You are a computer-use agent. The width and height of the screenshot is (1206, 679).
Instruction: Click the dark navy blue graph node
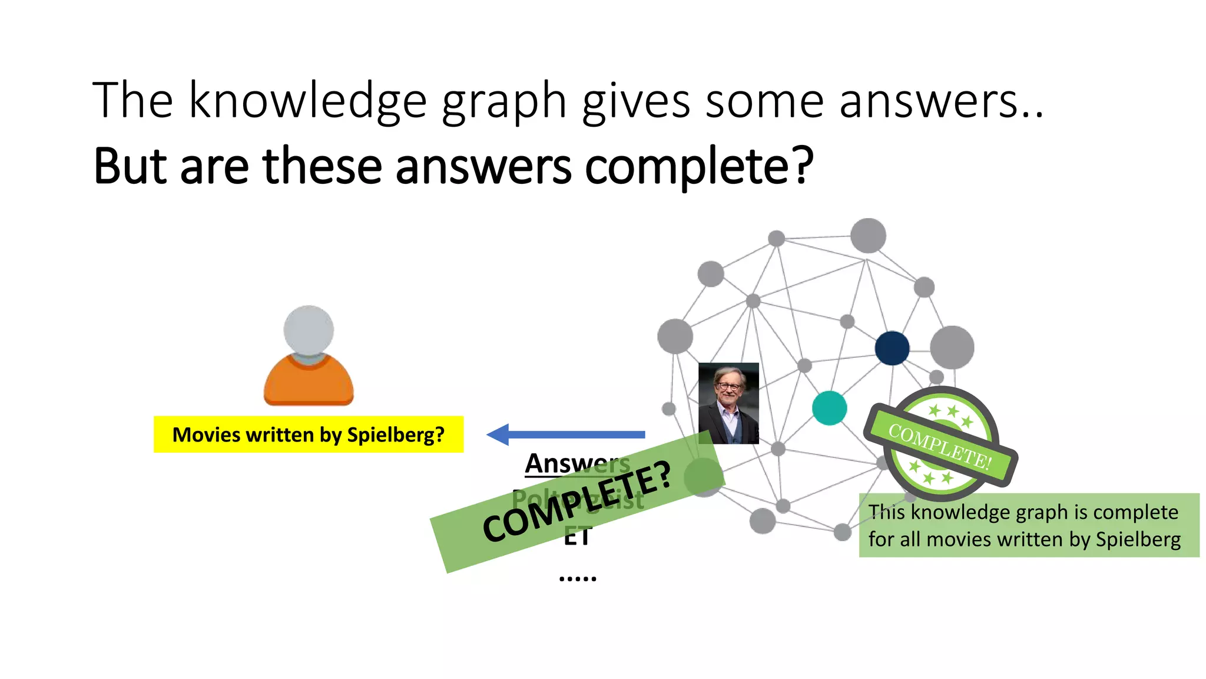[x=892, y=348]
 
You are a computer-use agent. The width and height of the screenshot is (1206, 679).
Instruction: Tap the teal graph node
[x=829, y=408]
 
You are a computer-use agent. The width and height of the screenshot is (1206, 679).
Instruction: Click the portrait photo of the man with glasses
[x=728, y=403]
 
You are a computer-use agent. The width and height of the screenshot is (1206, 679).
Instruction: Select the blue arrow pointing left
[x=565, y=435]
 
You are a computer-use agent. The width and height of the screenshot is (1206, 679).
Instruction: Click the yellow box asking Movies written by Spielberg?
[x=309, y=435]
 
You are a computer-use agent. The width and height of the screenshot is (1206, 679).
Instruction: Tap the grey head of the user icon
[x=309, y=329]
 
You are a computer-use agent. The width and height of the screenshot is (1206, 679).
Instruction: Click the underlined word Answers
[x=577, y=463]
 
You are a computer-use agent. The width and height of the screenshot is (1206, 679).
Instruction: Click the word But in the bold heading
[x=130, y=166]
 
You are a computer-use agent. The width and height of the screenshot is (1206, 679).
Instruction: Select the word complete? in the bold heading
[x=699, y=167]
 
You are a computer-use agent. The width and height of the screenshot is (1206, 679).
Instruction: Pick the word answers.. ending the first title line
[x=940, y=101]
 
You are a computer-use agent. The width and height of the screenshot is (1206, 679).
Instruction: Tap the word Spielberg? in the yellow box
[x=396, y=435]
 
